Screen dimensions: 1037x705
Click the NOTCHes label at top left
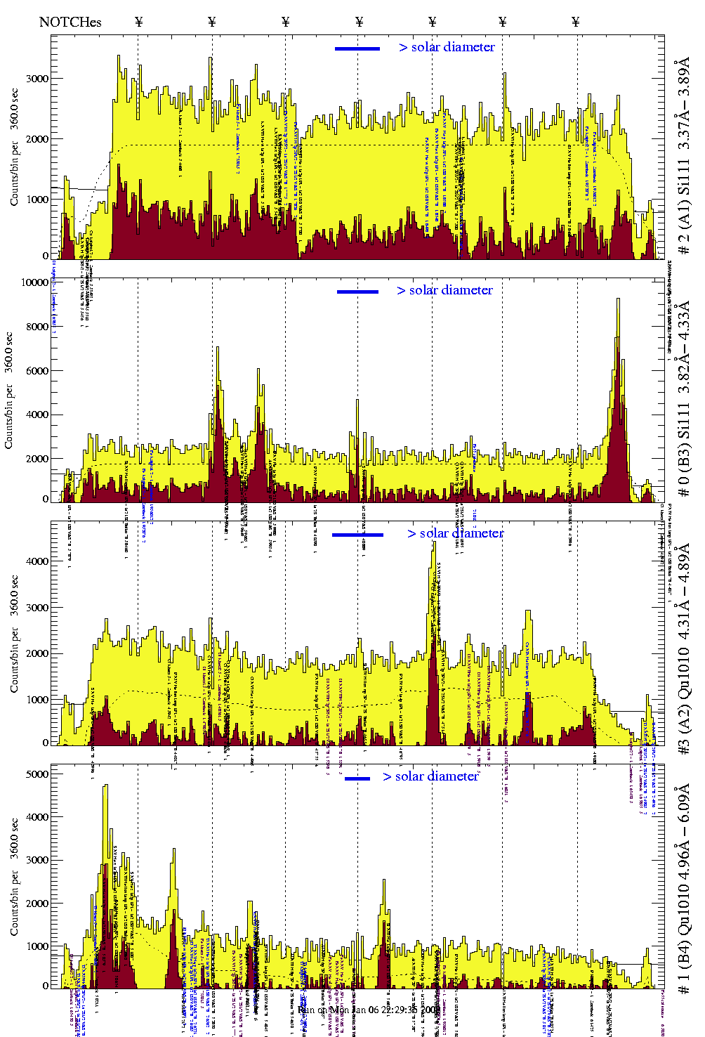(70, 22)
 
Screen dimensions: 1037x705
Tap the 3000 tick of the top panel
(38, 79)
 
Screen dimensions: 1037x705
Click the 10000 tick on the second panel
(35, 282)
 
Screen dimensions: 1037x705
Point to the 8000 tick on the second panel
(38, 327)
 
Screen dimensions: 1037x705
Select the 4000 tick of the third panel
(38, 561)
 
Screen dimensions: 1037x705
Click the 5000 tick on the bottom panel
(38, 774)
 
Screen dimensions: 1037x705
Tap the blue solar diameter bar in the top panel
(357, 48)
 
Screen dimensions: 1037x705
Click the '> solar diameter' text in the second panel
(444, 290)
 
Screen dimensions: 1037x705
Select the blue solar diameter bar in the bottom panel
(357, 778)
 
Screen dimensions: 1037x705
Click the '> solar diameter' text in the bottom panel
(430, 776)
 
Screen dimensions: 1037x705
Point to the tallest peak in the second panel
(618, 301)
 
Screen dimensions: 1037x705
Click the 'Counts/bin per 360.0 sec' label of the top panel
(15, 148)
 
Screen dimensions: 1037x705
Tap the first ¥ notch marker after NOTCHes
(138, 22)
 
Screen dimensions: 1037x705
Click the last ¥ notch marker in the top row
(576, 22)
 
